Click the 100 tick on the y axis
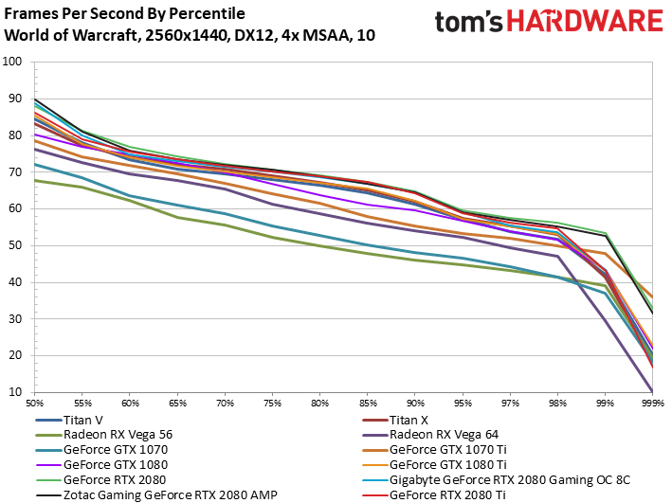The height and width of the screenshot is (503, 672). (11, 62)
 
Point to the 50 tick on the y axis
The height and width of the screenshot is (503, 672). (14, 245)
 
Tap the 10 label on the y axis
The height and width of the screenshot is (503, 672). (14, 392)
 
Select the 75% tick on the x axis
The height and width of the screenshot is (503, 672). (273, 404)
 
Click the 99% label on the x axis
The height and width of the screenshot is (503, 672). (605, 404)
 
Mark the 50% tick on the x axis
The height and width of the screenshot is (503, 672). (35, 404)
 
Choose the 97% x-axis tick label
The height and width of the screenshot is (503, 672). (510, 404)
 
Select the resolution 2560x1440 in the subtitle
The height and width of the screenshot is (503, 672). (186, 35)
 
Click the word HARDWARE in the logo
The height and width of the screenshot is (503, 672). (585, 21)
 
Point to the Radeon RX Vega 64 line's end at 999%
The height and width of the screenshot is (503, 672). (652, 391)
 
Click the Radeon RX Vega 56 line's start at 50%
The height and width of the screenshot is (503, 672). (35, 180)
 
